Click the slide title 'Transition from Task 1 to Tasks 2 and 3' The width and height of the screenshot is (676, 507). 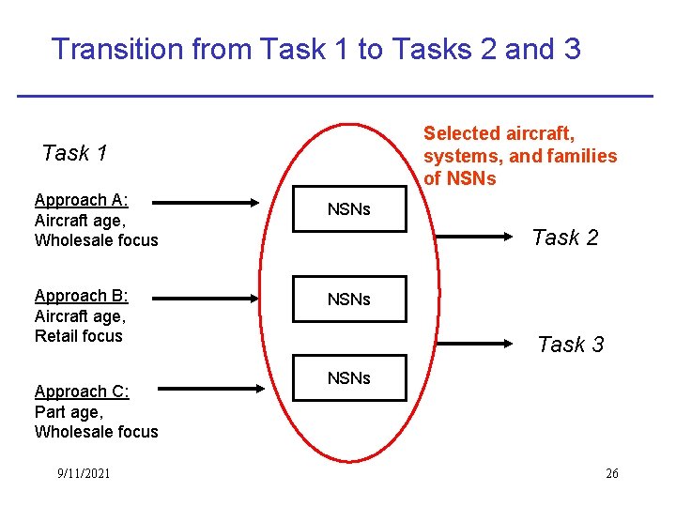315,49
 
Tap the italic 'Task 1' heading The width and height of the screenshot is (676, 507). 75,153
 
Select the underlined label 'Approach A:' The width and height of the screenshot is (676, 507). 82,200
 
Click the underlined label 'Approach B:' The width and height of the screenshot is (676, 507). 81,296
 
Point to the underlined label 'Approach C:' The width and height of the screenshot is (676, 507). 82,392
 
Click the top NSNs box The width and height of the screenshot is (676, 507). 349,209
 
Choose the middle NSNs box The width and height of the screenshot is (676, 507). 349,300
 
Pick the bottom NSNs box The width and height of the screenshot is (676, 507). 349,378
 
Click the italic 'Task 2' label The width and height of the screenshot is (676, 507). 564,238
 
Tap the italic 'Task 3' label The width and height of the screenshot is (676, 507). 570,345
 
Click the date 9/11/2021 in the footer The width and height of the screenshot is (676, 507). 83,473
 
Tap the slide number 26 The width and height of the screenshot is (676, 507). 611,473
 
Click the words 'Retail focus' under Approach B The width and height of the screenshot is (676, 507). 79,336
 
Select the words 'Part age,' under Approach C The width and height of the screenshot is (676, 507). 69,411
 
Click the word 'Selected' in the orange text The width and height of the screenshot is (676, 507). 462,133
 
